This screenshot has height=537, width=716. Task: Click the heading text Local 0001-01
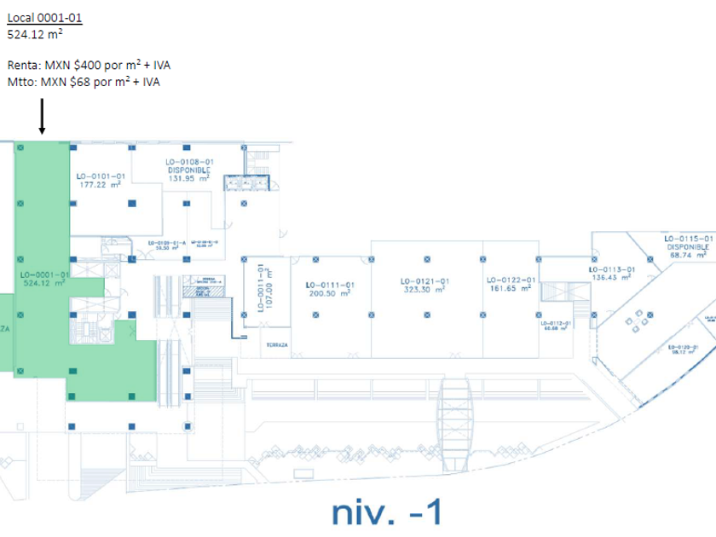click(45, 17)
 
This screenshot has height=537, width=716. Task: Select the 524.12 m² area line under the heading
click(34, 35)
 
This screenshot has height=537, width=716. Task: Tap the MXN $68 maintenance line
click(83, 82)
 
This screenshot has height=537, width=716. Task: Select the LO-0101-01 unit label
click(101, 180)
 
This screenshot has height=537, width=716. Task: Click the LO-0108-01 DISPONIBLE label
click(189, 170)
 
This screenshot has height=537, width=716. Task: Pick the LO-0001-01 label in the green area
click(44, 278)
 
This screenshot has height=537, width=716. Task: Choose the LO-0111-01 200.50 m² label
click(330, 288)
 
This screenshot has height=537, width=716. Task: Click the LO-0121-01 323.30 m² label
click(424, 285)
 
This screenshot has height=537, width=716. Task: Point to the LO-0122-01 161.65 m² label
click(511, 284)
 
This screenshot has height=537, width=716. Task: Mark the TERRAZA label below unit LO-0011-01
click(274, 345)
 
